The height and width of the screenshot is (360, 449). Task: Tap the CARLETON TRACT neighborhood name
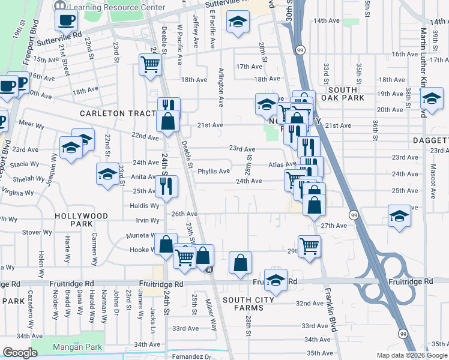tap(113, 113)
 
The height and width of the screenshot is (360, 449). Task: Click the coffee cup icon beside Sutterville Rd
tap(66, 20)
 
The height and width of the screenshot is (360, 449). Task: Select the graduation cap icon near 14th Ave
tap(238, 22)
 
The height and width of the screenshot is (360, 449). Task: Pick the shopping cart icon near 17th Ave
tap(150, 64)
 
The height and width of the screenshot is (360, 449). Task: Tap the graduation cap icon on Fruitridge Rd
tap(276, 281)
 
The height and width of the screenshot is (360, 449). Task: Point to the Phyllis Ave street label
tap(214, 171)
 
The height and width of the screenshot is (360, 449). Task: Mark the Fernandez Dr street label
tap(191, 356)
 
